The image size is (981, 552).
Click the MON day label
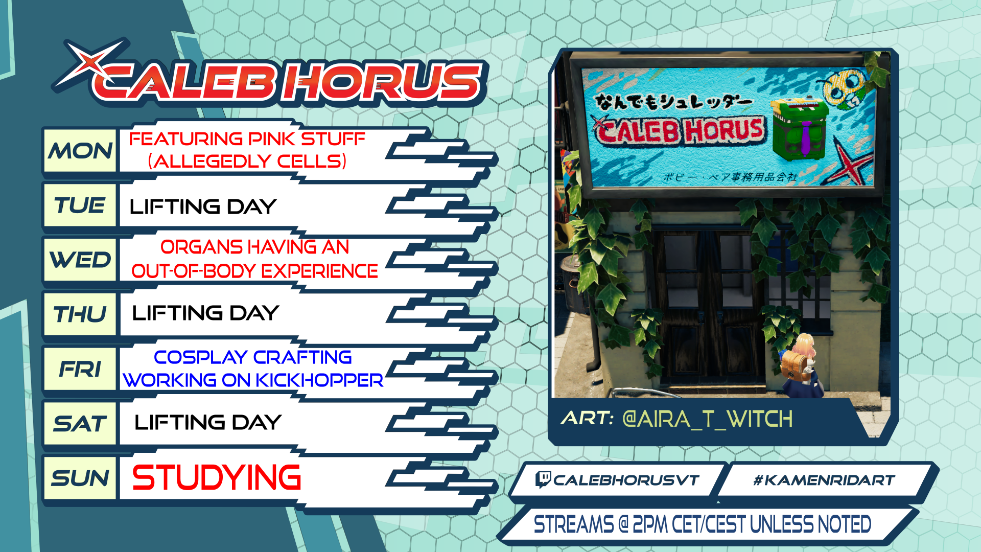point(80,151)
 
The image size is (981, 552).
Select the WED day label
point(80,260)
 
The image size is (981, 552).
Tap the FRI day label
point(80,369)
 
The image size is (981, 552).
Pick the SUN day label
point(80,478)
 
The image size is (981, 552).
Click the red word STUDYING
point(217,477)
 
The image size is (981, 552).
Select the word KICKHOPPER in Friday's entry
point(319,380)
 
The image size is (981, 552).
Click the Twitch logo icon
point(543,479)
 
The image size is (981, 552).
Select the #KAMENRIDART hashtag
point(824,480)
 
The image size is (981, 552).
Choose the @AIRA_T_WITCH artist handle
point(708,419)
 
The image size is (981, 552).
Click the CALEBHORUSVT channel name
point(626,480)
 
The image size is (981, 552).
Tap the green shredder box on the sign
point(799,129)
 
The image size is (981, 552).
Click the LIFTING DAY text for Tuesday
point(203,207)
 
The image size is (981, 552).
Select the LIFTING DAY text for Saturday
point(208,423)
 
